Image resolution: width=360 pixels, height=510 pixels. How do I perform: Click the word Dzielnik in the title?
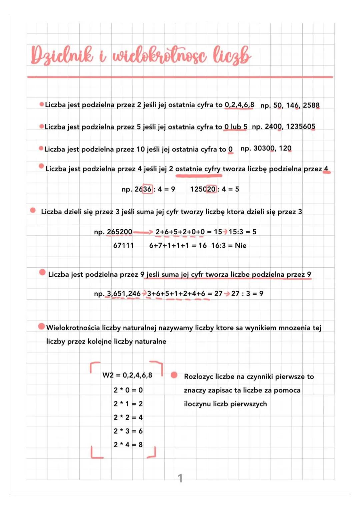62,55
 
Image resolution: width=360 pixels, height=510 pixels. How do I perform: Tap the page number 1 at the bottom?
180,478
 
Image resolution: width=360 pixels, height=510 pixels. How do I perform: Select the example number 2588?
311,105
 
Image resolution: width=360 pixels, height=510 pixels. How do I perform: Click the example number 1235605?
300,126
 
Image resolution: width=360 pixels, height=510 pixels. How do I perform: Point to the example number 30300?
264,148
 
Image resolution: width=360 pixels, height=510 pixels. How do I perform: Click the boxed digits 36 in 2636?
147,189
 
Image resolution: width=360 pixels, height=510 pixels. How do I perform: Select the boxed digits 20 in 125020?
211,189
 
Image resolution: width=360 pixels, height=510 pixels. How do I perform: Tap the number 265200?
120,232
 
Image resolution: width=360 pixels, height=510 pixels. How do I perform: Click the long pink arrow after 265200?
143,232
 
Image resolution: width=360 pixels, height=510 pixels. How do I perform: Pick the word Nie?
240,245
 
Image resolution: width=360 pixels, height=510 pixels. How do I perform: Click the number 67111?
123,245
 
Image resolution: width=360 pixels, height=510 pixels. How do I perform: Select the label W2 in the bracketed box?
108,375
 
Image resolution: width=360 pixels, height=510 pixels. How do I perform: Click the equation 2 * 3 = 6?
128,431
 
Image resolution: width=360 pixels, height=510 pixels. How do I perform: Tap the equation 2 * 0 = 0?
128,390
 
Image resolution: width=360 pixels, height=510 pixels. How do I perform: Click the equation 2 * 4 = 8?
128,445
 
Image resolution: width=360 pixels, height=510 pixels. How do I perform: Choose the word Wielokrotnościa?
73,328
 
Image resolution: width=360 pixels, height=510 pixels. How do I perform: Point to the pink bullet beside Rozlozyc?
174,375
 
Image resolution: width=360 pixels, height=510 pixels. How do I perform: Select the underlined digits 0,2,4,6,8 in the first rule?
239,105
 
